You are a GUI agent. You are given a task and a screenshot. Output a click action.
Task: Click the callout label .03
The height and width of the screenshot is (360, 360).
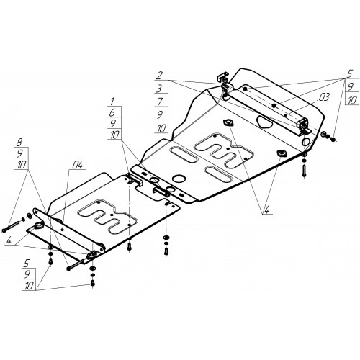(323, 97)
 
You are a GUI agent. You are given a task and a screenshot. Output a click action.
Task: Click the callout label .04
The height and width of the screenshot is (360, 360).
(76, 165)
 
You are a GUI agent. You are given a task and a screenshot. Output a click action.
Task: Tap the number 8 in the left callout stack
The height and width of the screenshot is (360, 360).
(19, 143)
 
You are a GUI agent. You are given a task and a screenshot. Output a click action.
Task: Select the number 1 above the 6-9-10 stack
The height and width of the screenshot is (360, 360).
(112, 102)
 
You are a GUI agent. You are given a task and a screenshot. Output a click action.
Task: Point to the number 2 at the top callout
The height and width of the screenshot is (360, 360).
(159, 76)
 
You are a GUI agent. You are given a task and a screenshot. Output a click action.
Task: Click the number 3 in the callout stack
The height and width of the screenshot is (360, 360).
(160, 89)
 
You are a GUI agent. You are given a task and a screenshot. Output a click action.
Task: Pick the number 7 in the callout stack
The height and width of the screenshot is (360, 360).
(161, 102)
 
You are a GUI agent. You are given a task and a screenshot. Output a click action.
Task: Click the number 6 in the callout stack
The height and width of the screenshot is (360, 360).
(112, 112)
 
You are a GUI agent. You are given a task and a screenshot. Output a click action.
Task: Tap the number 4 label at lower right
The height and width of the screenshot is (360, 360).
(266, 210)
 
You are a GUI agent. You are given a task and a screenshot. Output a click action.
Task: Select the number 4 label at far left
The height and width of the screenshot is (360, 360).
(9, 240)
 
